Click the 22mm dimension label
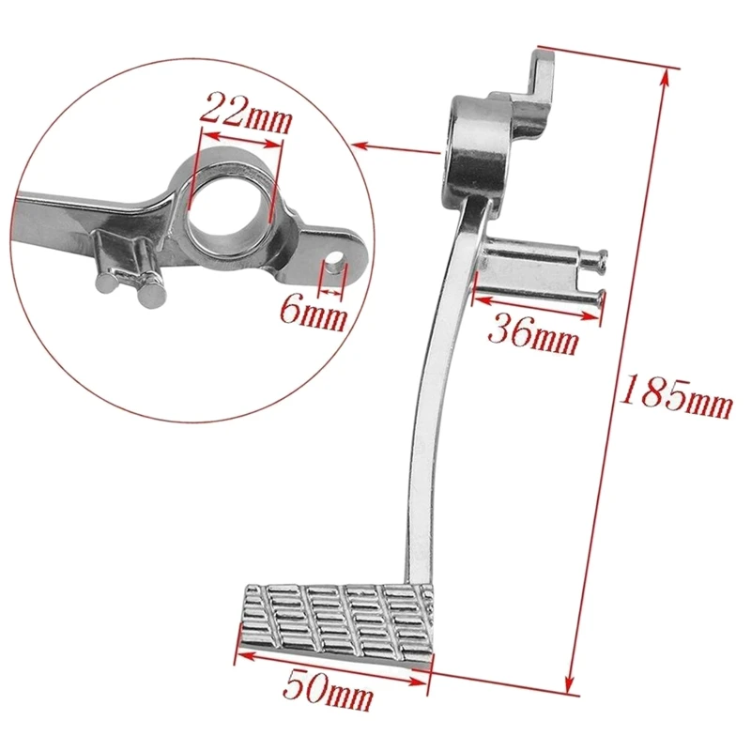[246, 113]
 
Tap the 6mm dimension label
[313, 314]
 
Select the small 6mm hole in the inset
[335, 259]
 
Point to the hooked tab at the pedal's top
[542, 75]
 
